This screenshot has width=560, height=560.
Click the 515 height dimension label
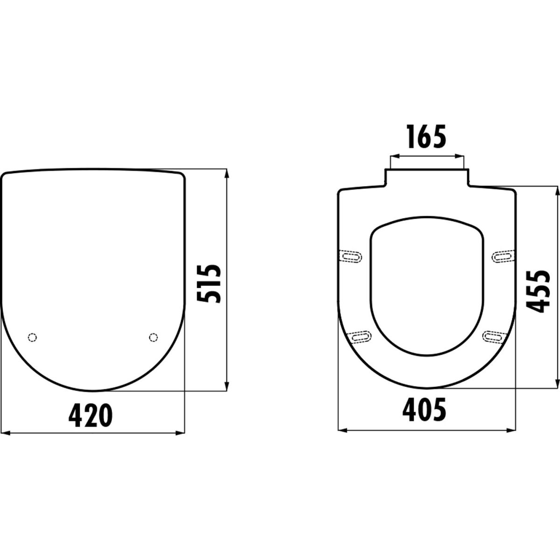(x=209, y=284)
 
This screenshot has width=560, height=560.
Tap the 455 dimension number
(x=538, y=292)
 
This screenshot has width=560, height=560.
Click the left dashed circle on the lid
(x=32, y=337)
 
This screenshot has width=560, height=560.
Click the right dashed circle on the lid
(x=153, y=337)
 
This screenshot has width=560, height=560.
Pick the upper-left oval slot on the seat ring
(x=352, y=257)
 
